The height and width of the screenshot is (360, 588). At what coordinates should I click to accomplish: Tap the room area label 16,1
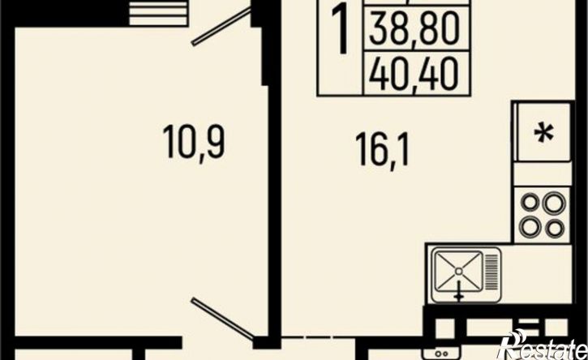382,150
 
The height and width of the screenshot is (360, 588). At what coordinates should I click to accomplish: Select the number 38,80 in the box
414,28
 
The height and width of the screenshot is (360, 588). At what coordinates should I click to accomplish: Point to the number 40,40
414,74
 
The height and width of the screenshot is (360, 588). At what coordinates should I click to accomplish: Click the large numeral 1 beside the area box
341,31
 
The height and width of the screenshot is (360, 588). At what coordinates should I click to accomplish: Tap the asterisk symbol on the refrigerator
543,133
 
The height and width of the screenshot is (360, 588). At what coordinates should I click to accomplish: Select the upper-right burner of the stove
555,204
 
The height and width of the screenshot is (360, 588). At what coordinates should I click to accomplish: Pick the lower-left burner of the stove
530,226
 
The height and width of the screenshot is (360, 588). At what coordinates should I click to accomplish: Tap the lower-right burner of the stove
555,227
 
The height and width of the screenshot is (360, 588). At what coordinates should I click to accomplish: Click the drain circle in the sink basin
458,271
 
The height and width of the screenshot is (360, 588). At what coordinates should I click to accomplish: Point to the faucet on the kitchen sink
458,290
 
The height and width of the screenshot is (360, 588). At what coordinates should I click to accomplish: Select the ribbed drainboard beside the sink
491,272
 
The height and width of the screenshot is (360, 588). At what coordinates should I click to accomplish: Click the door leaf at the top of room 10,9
221,26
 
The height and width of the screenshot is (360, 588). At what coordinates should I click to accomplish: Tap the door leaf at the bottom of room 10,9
222,319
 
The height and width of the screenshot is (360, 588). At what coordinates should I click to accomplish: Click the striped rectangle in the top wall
158,13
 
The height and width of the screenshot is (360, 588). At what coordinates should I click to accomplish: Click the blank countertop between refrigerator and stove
543,174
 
